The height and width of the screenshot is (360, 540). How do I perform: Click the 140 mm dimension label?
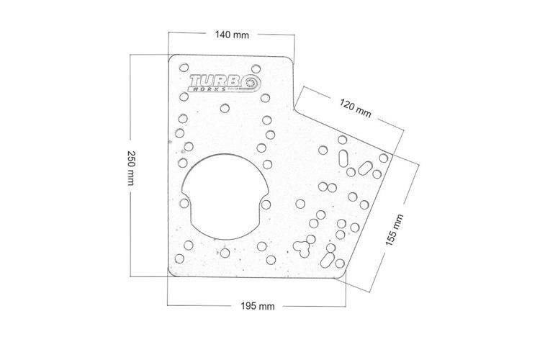point(232,35)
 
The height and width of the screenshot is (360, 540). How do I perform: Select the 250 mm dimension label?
point(131,168)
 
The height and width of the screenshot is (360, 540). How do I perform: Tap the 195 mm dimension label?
point(258,306)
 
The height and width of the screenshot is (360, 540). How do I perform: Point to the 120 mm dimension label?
point(356,108)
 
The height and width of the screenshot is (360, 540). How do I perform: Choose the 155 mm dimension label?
point(394,230)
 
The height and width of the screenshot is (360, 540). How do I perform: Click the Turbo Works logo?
point(225,83)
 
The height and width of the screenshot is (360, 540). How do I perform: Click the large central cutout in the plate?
point(225,197)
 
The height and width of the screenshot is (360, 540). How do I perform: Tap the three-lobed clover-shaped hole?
point(302,248)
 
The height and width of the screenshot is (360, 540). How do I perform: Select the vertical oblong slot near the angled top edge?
point(343,158)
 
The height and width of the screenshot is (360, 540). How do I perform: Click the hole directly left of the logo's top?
point(184,68)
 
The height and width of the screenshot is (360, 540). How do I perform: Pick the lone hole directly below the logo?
point(225,108)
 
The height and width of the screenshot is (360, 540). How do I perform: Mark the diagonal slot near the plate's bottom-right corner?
point(327,260)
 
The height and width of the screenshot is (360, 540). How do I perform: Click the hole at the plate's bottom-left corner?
point(179,258)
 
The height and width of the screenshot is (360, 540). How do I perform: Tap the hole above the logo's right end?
point(256,69)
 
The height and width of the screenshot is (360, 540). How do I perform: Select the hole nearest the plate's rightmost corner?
point(384,158)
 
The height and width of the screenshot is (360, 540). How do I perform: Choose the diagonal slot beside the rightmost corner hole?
point(365,168)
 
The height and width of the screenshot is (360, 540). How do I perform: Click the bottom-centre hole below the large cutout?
point(225,253)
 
